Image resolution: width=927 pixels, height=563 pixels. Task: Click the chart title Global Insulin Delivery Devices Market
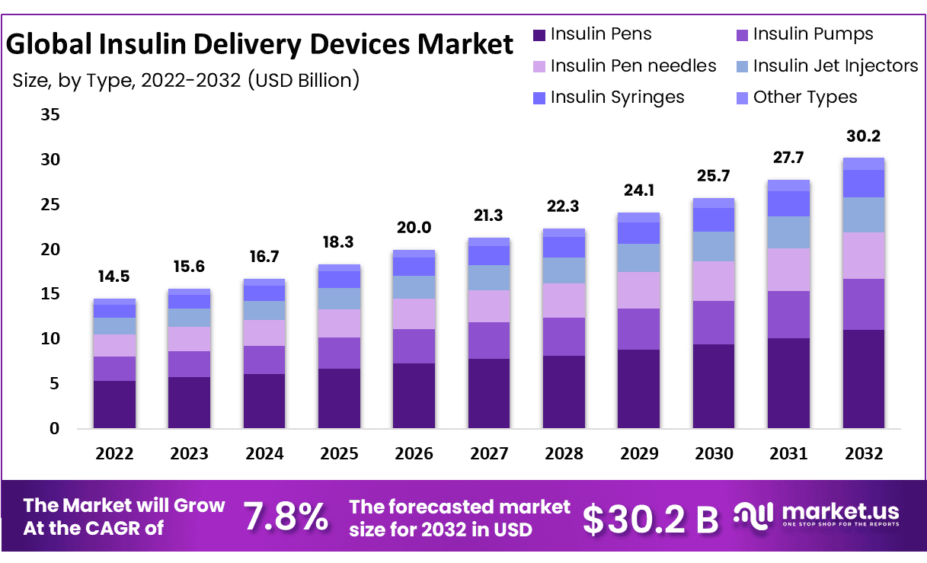click(x=260, y=44)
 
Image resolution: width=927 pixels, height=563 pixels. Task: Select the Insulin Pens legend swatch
click(x=539, y=34)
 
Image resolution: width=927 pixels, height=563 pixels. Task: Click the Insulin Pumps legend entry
click(x=813, y=34)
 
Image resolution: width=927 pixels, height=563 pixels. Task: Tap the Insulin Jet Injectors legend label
click(x=835, y=66)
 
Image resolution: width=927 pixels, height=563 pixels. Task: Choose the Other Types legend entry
click(x=804, y=98)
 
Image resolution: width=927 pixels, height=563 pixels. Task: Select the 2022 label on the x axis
click(x=114, y=454)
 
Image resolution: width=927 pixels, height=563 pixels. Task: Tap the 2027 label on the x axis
click(x=489, y=454)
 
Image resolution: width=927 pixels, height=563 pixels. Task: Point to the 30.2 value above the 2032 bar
click(x=864, y=137)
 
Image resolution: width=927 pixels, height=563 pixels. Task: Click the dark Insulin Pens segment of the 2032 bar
click(x=864, y=379)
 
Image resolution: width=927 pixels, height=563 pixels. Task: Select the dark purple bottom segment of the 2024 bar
click(x=264, y=401)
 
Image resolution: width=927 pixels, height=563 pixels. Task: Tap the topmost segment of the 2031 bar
click(x=788, y=185)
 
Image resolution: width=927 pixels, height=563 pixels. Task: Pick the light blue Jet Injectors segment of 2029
click(x=639, y=258)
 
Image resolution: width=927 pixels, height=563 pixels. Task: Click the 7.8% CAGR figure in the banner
click(x=286, y=517)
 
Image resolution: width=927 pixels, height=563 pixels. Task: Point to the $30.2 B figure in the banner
click(x=650, y=519)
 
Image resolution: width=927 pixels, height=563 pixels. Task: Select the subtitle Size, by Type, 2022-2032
click(x=185, y=79)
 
